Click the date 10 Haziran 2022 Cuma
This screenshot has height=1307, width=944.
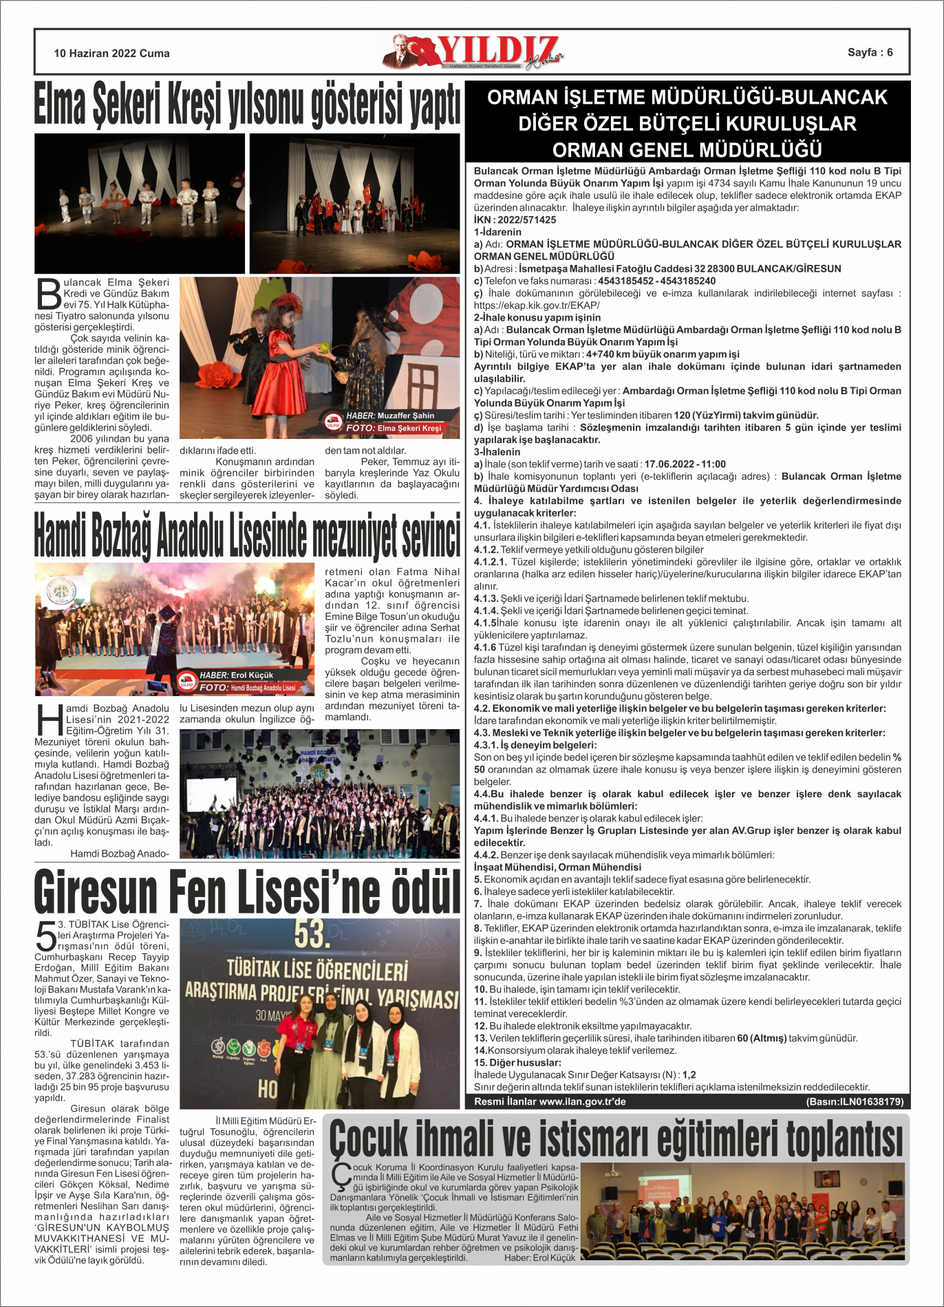(x=111, y=53)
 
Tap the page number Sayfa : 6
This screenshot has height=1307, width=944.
(x=870, y=52)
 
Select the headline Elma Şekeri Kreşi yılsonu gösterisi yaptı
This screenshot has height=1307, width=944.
(x=247, y=105)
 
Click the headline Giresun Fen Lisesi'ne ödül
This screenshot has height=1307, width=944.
(x=247, y=892)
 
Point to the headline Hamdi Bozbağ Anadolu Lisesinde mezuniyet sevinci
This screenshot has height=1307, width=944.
(x=247, y=534)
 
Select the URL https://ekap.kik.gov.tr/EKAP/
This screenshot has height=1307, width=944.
(x=537, y=305)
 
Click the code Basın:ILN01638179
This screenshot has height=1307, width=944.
(x=855, y=1101)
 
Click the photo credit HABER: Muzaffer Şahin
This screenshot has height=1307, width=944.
(x=390, y=415)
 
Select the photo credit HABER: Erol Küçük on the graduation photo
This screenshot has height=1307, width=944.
(x=237, y=675)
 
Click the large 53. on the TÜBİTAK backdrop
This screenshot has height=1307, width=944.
(x=311, y=934)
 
